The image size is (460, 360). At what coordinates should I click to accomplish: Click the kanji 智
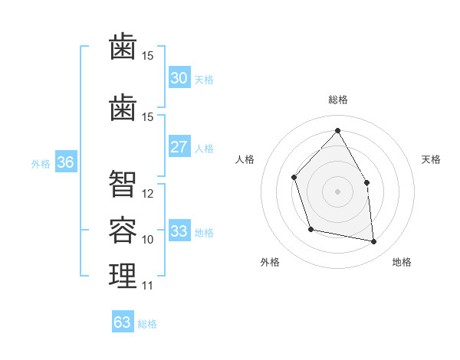(x=123, y=183)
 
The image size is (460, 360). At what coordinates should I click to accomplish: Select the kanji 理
(x=123, y=275)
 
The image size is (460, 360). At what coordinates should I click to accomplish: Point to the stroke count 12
(x=148, y=194)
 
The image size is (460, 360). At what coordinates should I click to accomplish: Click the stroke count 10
(x=148, y=240)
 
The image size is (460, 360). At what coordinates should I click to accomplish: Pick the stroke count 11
(x=148, y=286)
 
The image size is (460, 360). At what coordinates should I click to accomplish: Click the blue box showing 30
(x=179, y=77)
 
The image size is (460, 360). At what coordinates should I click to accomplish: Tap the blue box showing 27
(x=179, y=147)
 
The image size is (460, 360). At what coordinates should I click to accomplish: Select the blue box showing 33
(x=179, y=231)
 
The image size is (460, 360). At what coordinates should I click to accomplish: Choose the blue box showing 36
(x=65, y=162)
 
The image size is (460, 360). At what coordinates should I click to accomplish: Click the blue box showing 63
(x=122, y=322)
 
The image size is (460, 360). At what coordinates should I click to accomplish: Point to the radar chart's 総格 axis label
(x=337, y=100)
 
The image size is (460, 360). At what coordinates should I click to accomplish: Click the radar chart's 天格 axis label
(x=431, y=159)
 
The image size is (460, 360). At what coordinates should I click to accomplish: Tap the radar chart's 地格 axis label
(x=402, y=263)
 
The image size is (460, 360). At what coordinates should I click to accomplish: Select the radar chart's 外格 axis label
(x=270, y=263)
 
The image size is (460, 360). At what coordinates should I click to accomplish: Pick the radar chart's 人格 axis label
(x=245, y=159)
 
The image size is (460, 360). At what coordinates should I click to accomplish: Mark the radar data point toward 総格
(x=337, y=130)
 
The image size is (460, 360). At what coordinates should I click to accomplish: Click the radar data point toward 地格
(x=374, y=242)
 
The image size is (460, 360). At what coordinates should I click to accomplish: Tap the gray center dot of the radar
(x=337, y=191)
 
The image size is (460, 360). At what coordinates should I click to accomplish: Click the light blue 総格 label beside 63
(x=147, y=324)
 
